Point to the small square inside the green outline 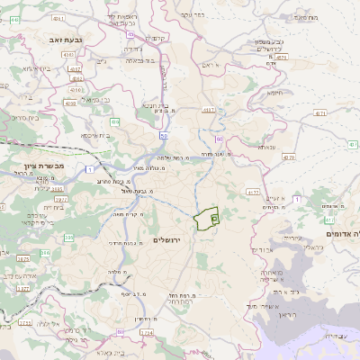pyautogui.click(x=214, y=217)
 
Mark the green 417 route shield pyautogui.click(x=329, y=220)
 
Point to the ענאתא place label pyautogui.click(x=266, y=146)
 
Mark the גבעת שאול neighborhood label pyautogui.click(x=135, y=191)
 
